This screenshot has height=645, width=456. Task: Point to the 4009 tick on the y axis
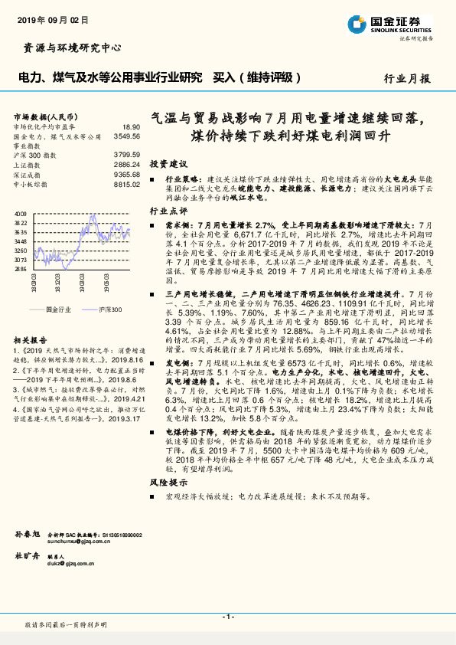[x=21, y=214]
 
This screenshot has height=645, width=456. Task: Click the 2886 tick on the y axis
[x=21, y=269]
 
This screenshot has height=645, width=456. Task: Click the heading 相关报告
[x=31, y=339]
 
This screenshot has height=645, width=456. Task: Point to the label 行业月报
[x=407, y=78]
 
